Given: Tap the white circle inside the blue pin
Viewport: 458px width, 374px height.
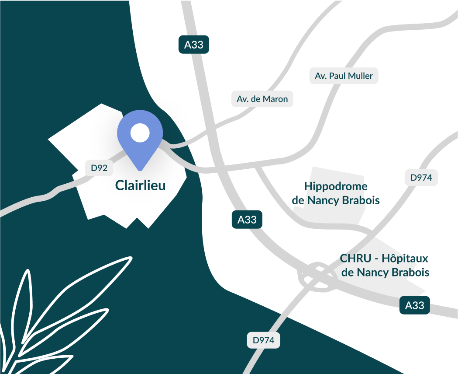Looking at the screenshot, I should click(140, 133).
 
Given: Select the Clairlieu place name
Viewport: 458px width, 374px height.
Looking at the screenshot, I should click(140, 185).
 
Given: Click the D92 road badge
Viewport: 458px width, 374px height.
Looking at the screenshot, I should click(99, 168).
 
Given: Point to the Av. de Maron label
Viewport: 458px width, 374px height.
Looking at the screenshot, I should click(262, 99).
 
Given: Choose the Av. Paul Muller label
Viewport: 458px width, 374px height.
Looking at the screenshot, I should click(344, 76).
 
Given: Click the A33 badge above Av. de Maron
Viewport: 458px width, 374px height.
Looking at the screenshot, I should click(194, 45).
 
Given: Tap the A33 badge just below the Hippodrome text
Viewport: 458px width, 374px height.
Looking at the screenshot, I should click(247, 220).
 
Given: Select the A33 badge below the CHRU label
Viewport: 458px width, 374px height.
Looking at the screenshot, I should click(415, 305).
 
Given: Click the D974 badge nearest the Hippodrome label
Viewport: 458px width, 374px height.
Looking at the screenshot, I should click(421, 178).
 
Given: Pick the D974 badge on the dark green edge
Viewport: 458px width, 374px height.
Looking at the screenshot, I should click(263, 340).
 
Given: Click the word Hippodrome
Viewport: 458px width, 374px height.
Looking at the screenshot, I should click(336, 186).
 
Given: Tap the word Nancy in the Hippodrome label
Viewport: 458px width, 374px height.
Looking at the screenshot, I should click(324, 200).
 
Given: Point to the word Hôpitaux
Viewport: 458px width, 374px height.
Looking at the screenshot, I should click(409, 258).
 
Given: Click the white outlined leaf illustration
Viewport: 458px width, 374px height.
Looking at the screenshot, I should click(48, 315).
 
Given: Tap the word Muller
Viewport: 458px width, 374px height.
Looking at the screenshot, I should click(360, 76).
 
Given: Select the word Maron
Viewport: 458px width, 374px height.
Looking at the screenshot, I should click(275, 99).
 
